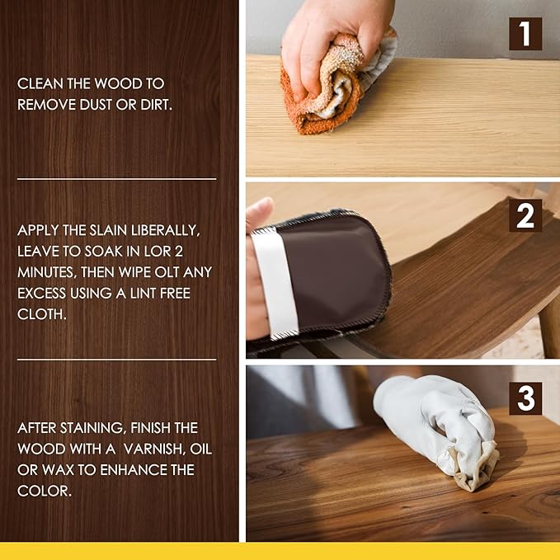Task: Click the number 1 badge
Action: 525,34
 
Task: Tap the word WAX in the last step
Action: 68,470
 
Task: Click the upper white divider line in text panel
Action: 116,178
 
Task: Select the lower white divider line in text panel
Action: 116,360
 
